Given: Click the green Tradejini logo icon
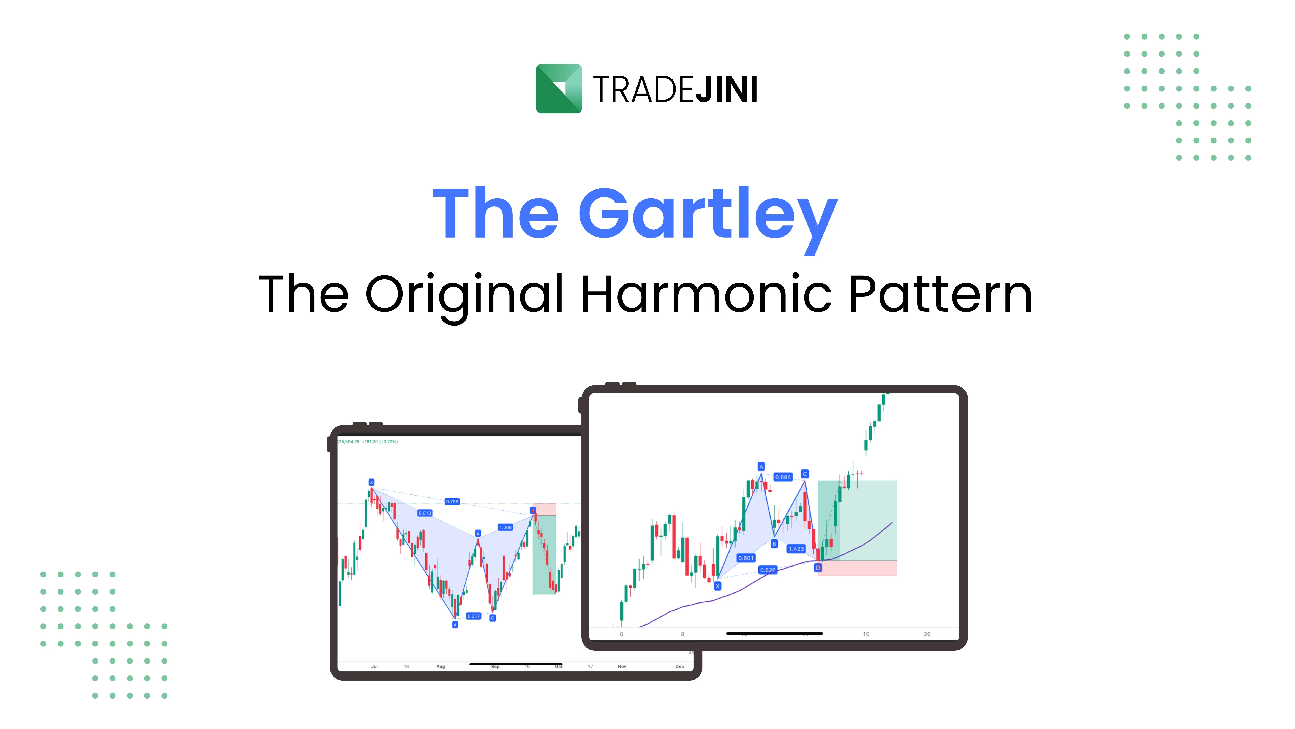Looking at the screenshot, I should pyautogui.click(x=559, y=89).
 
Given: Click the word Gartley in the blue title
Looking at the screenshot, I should pyautogui.click(x=708, y=214).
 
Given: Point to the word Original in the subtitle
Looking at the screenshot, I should pyautogui.click(x=464, y=294).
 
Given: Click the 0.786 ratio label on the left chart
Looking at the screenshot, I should pyautogui.click(x=452, y=502).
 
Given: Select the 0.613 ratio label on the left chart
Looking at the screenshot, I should pyautogui.click(x=425, y=513).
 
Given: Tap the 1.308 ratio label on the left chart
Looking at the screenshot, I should pyautogui.click(x=505, y=527).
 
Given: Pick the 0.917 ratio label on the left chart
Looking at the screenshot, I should pyautogui.click(x=474, y=616).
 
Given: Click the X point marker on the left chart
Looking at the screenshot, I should pyautogui.click(x=371, y=482).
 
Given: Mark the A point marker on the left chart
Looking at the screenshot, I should pyautogui.click(x=455, y=625).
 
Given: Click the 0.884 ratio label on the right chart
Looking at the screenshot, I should pyautogui.click(x=783, y=477).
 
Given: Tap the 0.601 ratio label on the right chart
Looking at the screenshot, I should pyautogui.click(x=746, y=558).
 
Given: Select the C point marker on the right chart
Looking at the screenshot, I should pyautogui.click(x=805, y=474).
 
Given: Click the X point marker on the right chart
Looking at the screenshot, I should pyautogui.click(x=717, y=586).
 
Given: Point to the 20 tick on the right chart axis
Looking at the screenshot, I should pyautogui.click(x=927, y=634).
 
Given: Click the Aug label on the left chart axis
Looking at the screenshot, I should pyautogui.click(x=440, y=667).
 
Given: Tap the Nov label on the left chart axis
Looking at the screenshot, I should pyautogui.click(x=622, y=667).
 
